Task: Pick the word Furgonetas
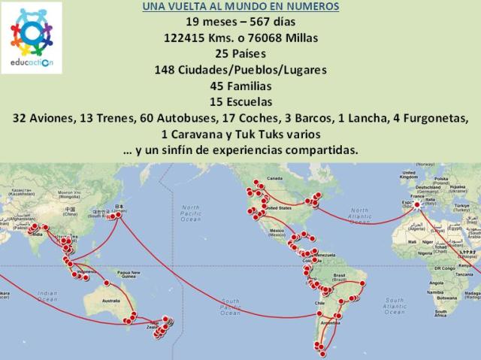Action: pos(435,117)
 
